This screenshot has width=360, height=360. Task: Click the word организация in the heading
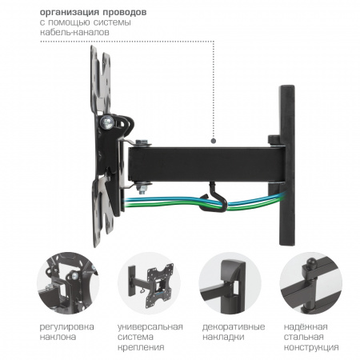(70, 13)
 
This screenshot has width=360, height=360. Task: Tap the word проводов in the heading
(125, 13)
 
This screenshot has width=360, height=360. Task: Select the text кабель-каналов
(74, 32)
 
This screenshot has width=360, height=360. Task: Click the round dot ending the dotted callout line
(214, 141)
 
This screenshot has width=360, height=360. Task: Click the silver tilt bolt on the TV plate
(107, 122)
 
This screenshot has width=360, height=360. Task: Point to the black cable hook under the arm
(214, 197)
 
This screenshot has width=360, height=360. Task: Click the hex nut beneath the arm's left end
(142, 186)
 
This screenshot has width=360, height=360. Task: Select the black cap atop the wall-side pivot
(274, 140)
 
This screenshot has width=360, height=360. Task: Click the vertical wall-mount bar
(287, 165)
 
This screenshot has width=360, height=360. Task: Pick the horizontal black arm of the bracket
(206, 164)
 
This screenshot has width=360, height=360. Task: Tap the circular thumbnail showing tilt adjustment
(68, 283)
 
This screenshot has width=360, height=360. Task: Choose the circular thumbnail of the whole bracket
(150, 283)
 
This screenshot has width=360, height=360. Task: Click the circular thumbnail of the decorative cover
(230, 283)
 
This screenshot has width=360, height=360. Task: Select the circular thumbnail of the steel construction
(311, 283)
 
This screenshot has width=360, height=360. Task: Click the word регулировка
(66, 327)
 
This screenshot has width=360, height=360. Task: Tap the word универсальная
(150, 327)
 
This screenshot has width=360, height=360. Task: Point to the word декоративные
(234, 327)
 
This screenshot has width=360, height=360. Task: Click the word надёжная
(306, 326)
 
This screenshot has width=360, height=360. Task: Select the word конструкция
(311, 348)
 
